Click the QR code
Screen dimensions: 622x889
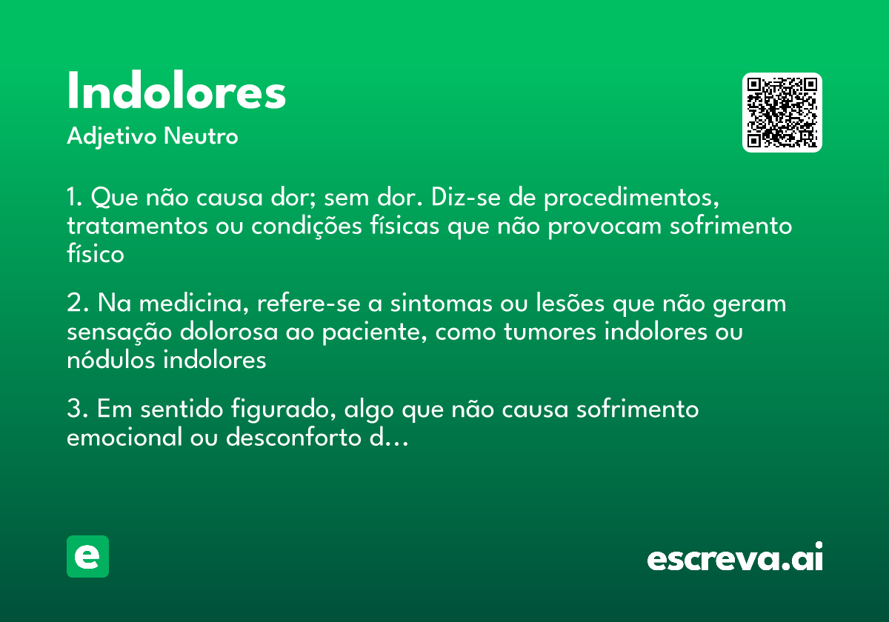coord(782,113)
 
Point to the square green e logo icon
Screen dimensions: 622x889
coord(87,556)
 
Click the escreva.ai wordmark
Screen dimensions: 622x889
coord(735,558)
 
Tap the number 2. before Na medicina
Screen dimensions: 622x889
coord(77,304)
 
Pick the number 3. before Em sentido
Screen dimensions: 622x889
coord(77,409)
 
